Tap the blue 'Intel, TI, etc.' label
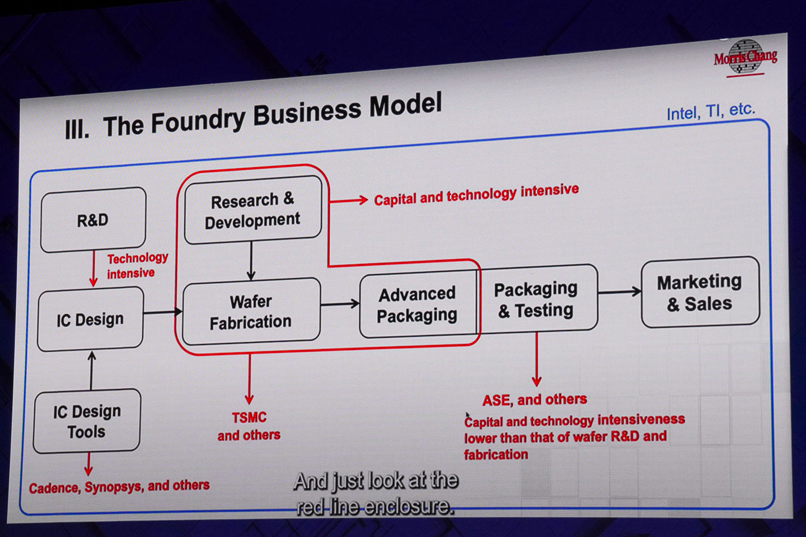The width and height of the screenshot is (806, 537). (710, 111)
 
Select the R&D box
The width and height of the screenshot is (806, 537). (93, 220)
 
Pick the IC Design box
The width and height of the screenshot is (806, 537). (90, 319)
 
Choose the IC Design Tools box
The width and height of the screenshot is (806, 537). (87, 421)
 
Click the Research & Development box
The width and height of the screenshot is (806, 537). (252, 210)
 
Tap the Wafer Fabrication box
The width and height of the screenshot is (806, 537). (251, 312)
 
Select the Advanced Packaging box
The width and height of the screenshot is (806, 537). (417, 305)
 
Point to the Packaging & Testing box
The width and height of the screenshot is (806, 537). (536, 299)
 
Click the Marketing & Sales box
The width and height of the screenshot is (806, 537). (700, 293)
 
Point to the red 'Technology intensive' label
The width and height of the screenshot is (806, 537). (137, 265)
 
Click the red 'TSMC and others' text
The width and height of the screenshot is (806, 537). (249, 426)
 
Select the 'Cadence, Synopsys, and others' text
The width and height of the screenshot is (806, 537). (119, 487)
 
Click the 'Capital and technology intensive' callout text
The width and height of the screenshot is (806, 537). (476, 194)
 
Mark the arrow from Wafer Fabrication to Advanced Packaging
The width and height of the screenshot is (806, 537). (340, 304)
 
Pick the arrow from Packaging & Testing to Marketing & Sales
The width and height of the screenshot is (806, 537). (619, 291)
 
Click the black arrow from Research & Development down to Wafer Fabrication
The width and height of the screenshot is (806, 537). (251, 260)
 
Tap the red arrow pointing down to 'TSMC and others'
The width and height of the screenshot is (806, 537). (249, 379)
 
